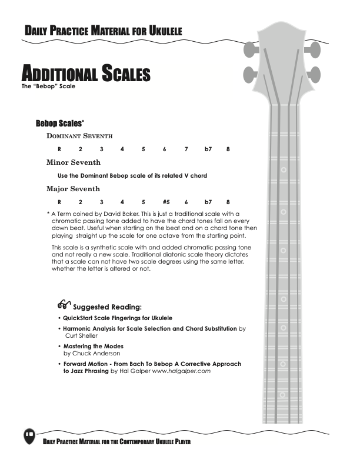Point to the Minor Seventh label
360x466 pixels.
[74, 162]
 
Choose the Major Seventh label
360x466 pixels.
[73, 189]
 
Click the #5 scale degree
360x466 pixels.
[166, 202]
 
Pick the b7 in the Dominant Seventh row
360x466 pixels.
[208, 149]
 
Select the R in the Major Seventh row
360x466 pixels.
[59, 202]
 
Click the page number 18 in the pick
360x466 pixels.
[28, 434]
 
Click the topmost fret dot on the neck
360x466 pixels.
[284, 169]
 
